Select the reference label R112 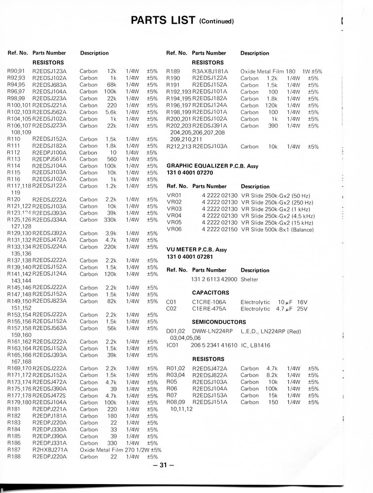(14, 153)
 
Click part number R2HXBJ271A (50, 450)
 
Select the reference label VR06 (174, 230)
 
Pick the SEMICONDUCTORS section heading (219, 322)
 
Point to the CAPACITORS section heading (210, 293)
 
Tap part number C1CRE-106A (209, 302)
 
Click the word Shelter (249, 280)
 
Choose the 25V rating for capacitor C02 (302, 309)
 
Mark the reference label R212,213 (179, 146)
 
